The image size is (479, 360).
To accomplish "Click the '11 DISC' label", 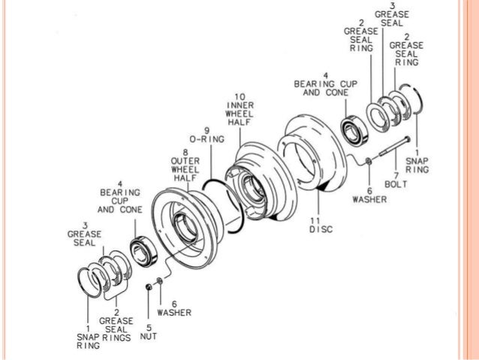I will click(321, 225).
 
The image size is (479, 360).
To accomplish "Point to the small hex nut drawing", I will click(149, 287).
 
